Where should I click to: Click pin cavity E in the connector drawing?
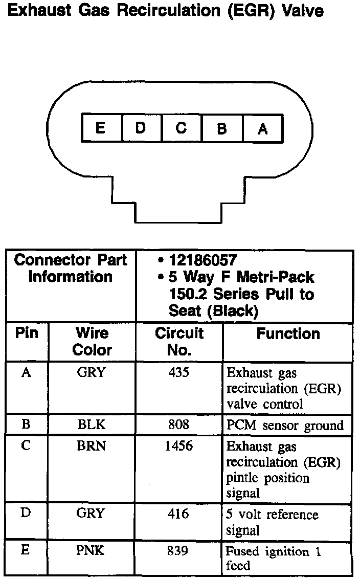pyautogui.click(x=101, y=128)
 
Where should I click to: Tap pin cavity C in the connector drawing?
pyautogui.click(x=182, y=128)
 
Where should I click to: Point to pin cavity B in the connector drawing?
pyautogui.click(x=222, y=128)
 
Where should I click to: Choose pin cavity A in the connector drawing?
pyautogui.click(x=262, y=128)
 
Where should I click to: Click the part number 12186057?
pyautogui.click(x=203, y=260)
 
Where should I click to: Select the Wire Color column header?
pyautogui.click(x=92, y=342)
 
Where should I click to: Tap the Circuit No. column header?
pyautogui.click(x=179, y=342)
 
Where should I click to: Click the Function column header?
pyautogui.click(x=288, y=334)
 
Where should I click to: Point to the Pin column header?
pyautogui.click(x=27, y=333)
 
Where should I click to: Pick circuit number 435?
pyautogui.click(x=178, y=373)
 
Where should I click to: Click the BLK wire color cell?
pyautogui.click(x=91, y=425)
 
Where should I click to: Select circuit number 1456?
pyautogui.click(x=178, y=446)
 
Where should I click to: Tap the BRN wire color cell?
pyautogui.click(x=91, y=446)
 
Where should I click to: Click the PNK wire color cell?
pyautogui.click(x=91, y=551)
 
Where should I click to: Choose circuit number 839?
pyautogui.click(x=178, y=551)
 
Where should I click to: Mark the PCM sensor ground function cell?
pyautogui.click(x=285, y=426)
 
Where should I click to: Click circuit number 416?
pyautogui.click(x=178, y=514)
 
